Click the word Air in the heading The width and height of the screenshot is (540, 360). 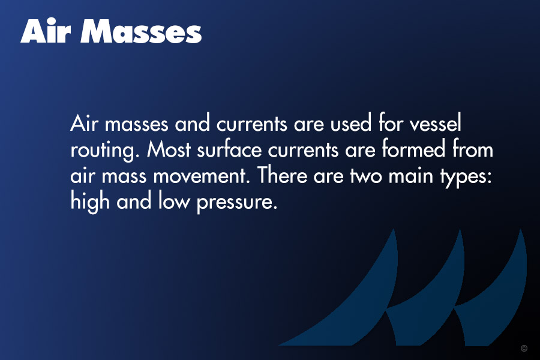(x=46, y=31)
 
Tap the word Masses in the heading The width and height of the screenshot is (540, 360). (x=141, y=31)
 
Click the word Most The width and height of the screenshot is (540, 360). (x=169, y=149)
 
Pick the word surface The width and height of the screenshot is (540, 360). (x=229, y=149)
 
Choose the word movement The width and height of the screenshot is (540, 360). (x=201, y=175)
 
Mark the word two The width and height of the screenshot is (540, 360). (x=366, y=176)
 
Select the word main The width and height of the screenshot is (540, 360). (x=411, y=175)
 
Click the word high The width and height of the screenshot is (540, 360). (x=90, y=202)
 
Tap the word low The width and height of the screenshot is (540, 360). (x=174, y=200)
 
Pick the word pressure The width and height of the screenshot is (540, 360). (x=237, y=203)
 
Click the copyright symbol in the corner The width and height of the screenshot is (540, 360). (x=524, y=348)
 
